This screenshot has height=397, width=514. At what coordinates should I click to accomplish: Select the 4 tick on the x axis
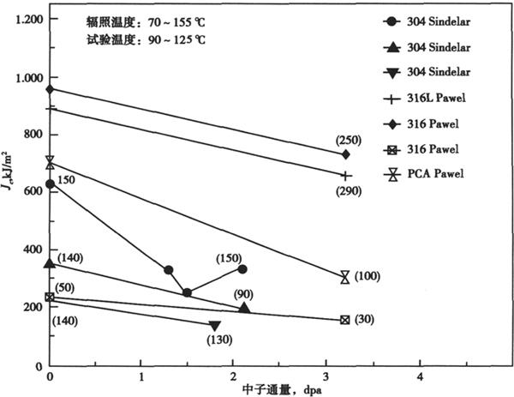420,376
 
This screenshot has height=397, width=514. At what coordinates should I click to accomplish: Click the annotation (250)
350,140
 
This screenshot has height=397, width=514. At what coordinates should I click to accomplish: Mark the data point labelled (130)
215,326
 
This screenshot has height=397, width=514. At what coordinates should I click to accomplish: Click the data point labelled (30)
345,320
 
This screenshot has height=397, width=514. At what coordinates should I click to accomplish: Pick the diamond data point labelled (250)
345,154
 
